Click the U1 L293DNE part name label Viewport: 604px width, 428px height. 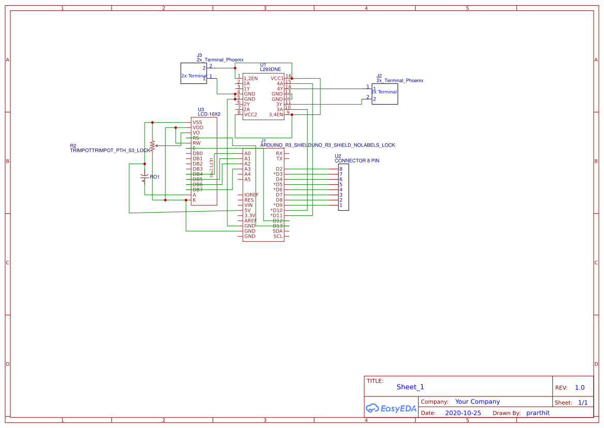(x=270, y=69)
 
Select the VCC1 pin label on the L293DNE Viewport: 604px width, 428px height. (x=276, y=79)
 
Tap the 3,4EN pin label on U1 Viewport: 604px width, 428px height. (x=276, y=115)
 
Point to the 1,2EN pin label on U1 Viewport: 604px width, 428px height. (x=251, y=79)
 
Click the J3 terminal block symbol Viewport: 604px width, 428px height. (x=193, y=73)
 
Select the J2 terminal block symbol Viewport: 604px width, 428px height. (x=384, y=94)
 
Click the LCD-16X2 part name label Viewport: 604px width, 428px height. (x=209, y=114)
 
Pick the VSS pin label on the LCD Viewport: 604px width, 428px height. (x=197, y=123)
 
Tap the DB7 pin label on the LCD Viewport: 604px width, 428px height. (x=197, y=190)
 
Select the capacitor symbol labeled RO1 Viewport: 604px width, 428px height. (x=144, y=178)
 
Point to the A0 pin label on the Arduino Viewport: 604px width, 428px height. (x=247, y=154)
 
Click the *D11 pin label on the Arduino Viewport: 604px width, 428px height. (x=276, y=216)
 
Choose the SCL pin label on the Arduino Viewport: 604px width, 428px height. (x=277, y=237)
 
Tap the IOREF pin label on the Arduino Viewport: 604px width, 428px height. (x=252, y=195)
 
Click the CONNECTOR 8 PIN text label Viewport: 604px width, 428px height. (x=357, y=161)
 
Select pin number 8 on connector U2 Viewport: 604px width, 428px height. (x=340, y=169)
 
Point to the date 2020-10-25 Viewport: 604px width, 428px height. (x=462, y=413)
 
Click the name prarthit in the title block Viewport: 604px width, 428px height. (x=537, y=413)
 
